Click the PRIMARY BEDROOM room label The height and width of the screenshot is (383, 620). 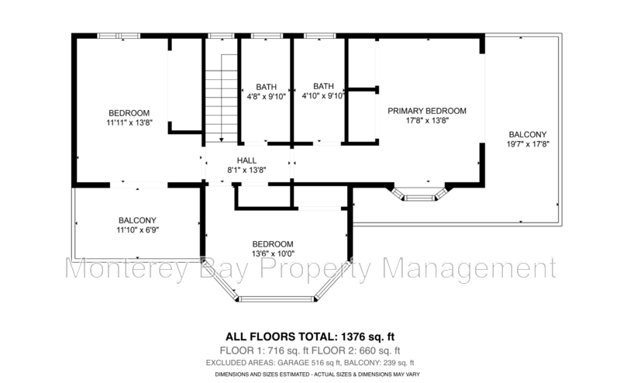(x=427, y=111)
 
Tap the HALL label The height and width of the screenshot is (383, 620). (x=246, y=160)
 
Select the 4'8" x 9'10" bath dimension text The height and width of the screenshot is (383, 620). (x=266, y=96)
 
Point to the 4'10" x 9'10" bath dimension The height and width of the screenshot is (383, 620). (x=323, y=96)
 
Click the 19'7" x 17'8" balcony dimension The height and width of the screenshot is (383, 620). (x=528, y=144)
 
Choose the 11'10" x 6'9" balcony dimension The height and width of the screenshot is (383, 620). (x=138, y=230)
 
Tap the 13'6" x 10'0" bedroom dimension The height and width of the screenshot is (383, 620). (x=273, y=254)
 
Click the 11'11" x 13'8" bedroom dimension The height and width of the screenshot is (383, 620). (x=129, y=122)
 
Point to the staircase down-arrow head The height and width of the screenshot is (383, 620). (x=222, y=140)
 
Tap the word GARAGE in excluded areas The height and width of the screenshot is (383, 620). (x=294, y=363)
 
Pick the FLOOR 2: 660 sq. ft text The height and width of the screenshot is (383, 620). (x=356, y=350)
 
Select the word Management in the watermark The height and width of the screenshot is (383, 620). (x=470, y=270)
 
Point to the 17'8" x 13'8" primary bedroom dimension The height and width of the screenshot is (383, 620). (x=428, y=121)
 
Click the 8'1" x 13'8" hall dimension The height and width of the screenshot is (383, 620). (x=246, y=171)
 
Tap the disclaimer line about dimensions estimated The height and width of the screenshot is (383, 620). (x=318, y=374)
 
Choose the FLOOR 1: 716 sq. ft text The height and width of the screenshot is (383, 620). (x=264, y=350)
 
